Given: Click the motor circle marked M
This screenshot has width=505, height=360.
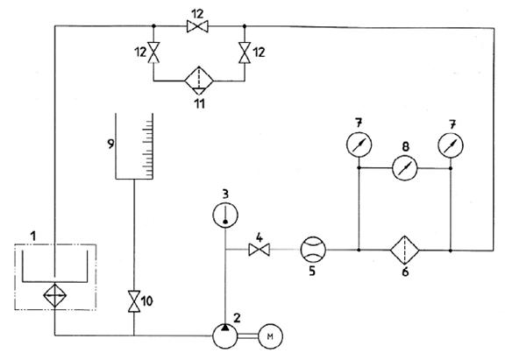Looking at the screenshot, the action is point(271,336).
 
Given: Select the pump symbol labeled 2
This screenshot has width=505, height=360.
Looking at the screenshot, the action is point(225,336).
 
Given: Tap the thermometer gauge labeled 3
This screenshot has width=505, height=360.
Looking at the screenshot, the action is point(225,215).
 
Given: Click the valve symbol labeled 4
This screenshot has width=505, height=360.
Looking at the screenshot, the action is point(260,250).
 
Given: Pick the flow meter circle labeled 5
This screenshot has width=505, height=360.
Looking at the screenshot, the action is point(313,250).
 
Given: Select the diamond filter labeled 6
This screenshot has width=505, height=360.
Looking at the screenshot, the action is point(404,250).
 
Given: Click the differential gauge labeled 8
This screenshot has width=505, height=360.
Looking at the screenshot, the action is point(405,168).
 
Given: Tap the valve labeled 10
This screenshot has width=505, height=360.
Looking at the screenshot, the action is point(134,301).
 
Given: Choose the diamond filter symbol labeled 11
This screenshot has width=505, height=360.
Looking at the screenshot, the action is point(199,81).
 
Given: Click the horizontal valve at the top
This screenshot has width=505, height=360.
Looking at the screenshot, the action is point(197,26).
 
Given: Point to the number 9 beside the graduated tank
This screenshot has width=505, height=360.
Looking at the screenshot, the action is point(110,144).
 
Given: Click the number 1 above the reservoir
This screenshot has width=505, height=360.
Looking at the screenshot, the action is point(32,236).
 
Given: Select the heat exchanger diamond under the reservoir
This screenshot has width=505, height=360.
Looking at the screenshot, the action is point(55,295).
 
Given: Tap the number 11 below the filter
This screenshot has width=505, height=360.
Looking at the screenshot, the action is point(200,104).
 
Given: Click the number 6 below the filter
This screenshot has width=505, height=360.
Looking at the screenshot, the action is point(405,272).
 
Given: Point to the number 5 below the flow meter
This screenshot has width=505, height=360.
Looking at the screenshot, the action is point(312,272).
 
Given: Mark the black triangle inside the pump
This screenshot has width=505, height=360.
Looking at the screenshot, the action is point(225,328).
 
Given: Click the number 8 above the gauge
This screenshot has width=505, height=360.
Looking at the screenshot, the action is point(406,146).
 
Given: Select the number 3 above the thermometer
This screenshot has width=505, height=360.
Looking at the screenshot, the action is point(225,194).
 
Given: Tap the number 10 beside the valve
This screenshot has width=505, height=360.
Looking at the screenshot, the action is point(147,301).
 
